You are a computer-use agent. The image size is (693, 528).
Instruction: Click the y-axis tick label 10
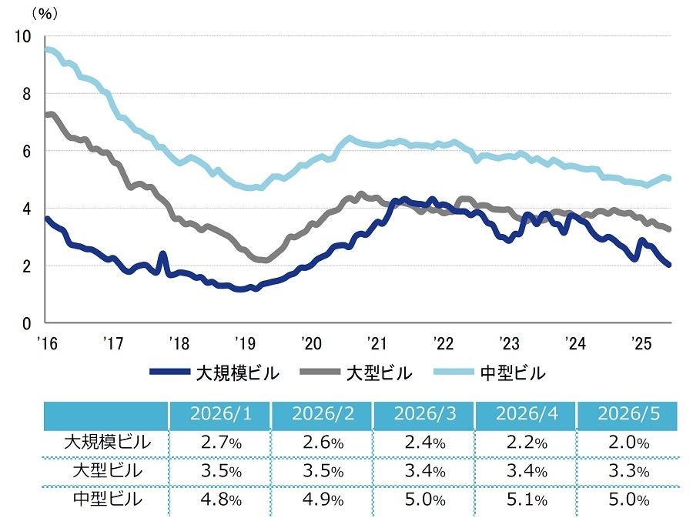(23, 37)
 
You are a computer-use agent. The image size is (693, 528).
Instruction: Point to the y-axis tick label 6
(26, 152)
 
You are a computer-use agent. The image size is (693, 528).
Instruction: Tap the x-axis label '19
(245, 343)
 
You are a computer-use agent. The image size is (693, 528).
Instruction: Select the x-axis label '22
(443, 343)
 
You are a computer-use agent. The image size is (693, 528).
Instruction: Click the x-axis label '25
(641, 343)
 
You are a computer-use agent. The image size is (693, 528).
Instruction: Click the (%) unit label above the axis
(45, 14)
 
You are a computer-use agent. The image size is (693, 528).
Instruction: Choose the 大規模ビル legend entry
(214, 373)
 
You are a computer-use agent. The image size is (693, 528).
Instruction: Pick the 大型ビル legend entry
(356, 373)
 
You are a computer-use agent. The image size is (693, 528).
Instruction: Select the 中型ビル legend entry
(490, 373)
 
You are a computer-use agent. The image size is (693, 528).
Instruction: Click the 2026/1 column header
(220, 414)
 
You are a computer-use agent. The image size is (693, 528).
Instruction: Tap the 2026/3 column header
(425, 414)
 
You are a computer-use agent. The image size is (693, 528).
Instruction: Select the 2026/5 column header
(628, 414)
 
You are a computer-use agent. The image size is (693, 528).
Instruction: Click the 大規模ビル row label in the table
(107, 443)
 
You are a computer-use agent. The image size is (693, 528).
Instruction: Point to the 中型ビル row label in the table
(107, 500)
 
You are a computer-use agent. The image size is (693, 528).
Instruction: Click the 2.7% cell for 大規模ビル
(221, 443)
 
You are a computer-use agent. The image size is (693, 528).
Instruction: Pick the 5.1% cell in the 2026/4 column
(527, 500)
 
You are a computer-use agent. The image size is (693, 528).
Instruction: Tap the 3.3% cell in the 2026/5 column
(629, 471)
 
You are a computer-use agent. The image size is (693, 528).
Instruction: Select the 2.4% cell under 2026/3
(425, 443)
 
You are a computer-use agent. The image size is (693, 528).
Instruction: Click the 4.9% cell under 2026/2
(323, 500)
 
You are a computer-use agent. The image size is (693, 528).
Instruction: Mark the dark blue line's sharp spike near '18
(162, 254)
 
